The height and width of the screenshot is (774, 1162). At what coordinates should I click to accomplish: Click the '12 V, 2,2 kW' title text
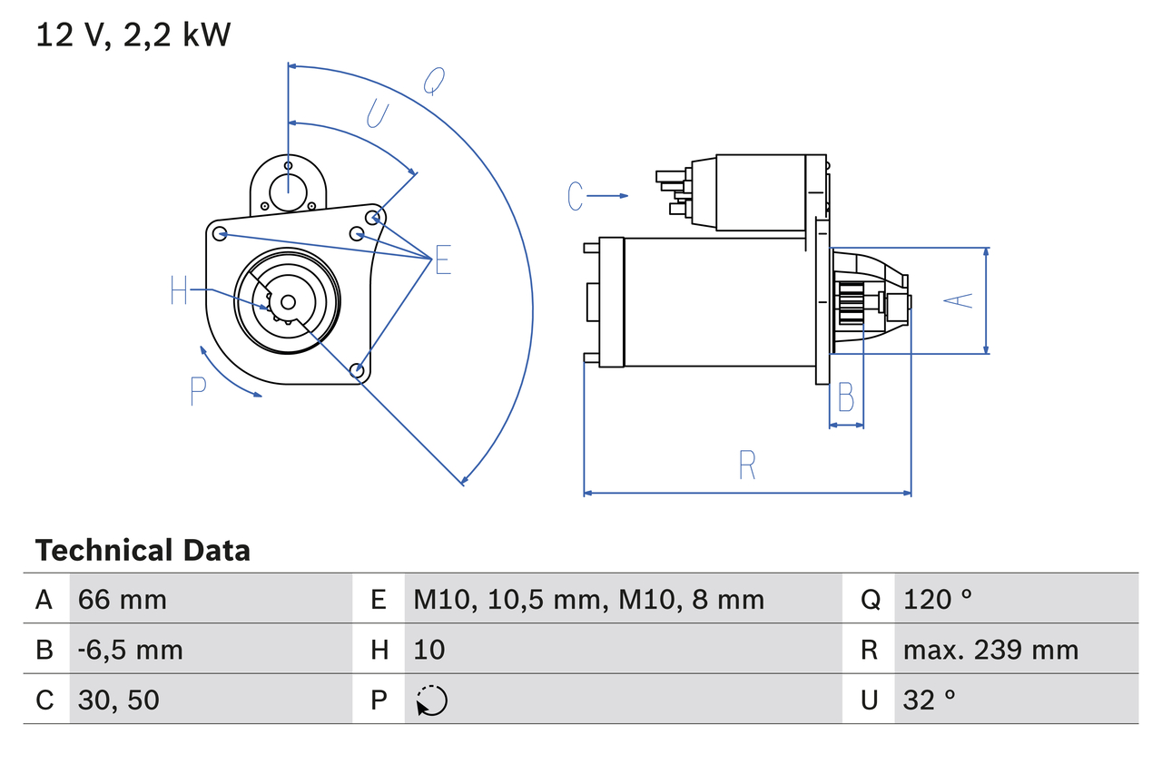pyautogui.click(x=133, y=35)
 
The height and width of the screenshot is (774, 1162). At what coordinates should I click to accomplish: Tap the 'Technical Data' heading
pyautogui.click(x=143, y=551)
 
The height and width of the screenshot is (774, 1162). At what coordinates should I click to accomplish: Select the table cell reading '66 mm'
pyautogui.click(x=123, y=599)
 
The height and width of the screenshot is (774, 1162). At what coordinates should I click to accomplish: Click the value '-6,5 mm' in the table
pyautogui.click(x=131, y=650)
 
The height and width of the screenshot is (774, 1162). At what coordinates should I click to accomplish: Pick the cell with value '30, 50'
pyautogui.click(x=119, y=700)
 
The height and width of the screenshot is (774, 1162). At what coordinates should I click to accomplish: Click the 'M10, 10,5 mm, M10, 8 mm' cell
pyautogui.click(x=589, y=599)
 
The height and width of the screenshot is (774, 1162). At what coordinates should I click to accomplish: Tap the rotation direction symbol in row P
pyautogui.click(x=431, y=701)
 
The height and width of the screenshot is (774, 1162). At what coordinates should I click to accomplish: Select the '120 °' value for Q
pyautogui.click(x=938, y=599)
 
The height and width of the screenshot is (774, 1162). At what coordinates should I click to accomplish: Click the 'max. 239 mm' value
pyautogui.click(x=990, y=650)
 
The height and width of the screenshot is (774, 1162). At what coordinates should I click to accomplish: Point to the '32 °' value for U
pyautogui.click(x=930, y=700)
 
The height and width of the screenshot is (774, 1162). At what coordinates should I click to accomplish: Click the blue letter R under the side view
pyautogui.click(x=746, y=465)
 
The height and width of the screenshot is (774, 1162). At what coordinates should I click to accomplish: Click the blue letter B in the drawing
pyautogui.click(x=845, y=397)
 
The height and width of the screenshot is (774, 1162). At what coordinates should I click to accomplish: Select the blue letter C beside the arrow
pyautogui.click(x=576, y=196)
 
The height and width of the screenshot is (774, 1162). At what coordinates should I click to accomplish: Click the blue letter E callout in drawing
pyautogui.click(x=442, y=260)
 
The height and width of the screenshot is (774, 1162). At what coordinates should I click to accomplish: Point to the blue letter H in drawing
pyautogui.click(x=179, y=291)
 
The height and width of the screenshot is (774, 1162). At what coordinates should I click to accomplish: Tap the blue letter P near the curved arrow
pyautogui.click(x=199, y=391)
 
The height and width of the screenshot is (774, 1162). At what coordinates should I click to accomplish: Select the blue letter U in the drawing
pyautogui.click(x=378, y=114)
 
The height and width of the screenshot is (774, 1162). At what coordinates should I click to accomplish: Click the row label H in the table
pyautogui.click(x=379, y=650)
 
